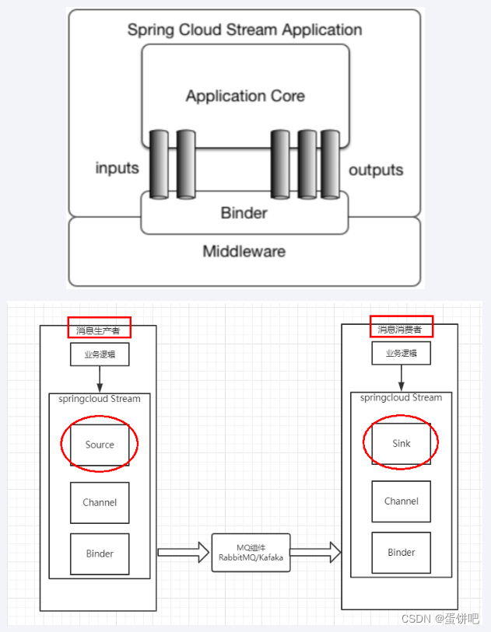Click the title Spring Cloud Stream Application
(244, 30)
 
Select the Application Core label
(244, 96)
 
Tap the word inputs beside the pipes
(117, 169)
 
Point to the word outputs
(376, 169)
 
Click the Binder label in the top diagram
(244, 213)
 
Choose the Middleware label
(244, 251)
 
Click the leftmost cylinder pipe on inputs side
(159, 165)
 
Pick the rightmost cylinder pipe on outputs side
(331, 165)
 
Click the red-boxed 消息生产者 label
(99, 329)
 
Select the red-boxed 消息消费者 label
(400, 328)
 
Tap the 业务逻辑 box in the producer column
(99, 354)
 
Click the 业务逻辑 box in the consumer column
(401, 353)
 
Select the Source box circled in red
(100, 445)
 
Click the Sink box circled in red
(401, 443)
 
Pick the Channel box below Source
(100, 502)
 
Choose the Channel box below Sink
(401, 501)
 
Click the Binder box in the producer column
(100, 553)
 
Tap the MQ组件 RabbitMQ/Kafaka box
(251, 553)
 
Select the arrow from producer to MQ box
(184, 553)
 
